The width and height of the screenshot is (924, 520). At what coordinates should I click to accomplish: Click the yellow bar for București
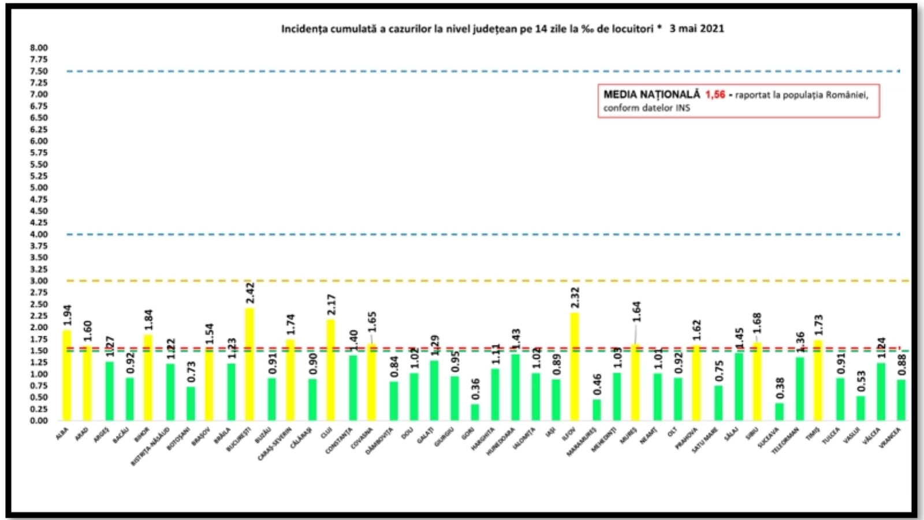[249, 364]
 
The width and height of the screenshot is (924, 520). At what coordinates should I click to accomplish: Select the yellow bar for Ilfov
[575, 366]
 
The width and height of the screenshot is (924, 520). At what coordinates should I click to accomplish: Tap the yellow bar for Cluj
[330, 370]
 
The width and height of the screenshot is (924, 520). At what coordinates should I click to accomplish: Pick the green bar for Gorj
[475, 412]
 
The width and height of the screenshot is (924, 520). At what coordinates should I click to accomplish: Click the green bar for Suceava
[780, 411]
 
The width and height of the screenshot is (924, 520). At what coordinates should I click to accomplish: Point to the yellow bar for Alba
[67, 375]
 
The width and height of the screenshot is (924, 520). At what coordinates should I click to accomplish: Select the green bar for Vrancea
[901, 400]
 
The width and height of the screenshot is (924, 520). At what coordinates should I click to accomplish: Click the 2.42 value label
[250, 293]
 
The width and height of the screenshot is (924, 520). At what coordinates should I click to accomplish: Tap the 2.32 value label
[575, 298]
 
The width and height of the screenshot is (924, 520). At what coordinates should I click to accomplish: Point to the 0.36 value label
[475, 389]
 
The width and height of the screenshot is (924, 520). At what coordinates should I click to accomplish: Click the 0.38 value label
[780, 388]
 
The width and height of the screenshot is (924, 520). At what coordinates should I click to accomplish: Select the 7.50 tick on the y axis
[39, 71]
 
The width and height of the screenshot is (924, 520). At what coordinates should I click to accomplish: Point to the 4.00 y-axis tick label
[39, 234]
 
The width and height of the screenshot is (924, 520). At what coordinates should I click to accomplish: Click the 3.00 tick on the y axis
[39, 281]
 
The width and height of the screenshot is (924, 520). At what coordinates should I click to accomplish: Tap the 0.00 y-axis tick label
[39, 421]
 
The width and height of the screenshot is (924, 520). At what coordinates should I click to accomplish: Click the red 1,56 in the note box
[715, 94]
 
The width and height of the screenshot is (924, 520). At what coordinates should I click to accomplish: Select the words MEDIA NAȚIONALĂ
[651, 94]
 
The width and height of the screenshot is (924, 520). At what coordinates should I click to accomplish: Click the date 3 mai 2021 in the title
[696, 28]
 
